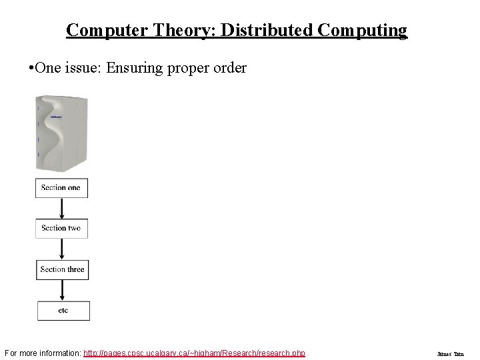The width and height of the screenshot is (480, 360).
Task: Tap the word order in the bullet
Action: tap(229, 69)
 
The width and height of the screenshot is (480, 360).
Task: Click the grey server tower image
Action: tap(61, 133)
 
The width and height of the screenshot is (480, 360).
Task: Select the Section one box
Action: tap(61, 188)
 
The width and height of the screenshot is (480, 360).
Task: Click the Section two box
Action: tap(61, 229)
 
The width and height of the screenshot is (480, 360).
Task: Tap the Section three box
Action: tap(62, 269)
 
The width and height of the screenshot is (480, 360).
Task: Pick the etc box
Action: tap(63, 311)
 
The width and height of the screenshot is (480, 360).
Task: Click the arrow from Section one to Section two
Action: tap(61, 209)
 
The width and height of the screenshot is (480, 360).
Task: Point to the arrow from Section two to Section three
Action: tap(61, 249)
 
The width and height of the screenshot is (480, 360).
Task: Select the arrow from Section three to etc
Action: tap(62, 290)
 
